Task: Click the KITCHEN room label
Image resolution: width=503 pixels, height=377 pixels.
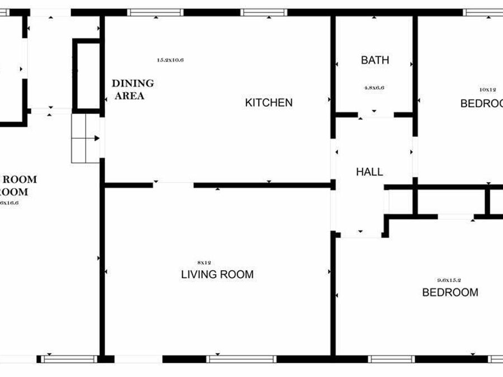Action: point(268,103)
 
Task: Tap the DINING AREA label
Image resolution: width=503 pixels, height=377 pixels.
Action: point(132,89)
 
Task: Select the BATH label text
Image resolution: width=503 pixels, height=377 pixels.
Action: point(374,60)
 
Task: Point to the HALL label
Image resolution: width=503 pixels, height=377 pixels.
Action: point(369,172)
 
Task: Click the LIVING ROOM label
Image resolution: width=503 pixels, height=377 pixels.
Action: point(217,275)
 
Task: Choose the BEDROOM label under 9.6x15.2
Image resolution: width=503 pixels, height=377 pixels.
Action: point(450,292)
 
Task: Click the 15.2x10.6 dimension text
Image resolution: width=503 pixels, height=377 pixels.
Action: point(170,60)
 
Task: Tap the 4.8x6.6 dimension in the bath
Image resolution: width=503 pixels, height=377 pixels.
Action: point(374,88)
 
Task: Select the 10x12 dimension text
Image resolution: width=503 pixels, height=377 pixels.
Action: point(487,89)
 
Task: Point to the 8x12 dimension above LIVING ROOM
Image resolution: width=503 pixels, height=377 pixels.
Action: point(205,263)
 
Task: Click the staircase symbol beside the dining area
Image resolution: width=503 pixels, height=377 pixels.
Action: point(86,138)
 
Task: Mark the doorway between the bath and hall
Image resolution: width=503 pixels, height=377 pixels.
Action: point(376,115)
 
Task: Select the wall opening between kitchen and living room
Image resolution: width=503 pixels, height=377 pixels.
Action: point(173,184)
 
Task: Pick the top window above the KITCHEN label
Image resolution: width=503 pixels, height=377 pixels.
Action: point(264,12)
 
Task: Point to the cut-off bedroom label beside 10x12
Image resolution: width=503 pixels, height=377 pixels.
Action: point(481,103)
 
